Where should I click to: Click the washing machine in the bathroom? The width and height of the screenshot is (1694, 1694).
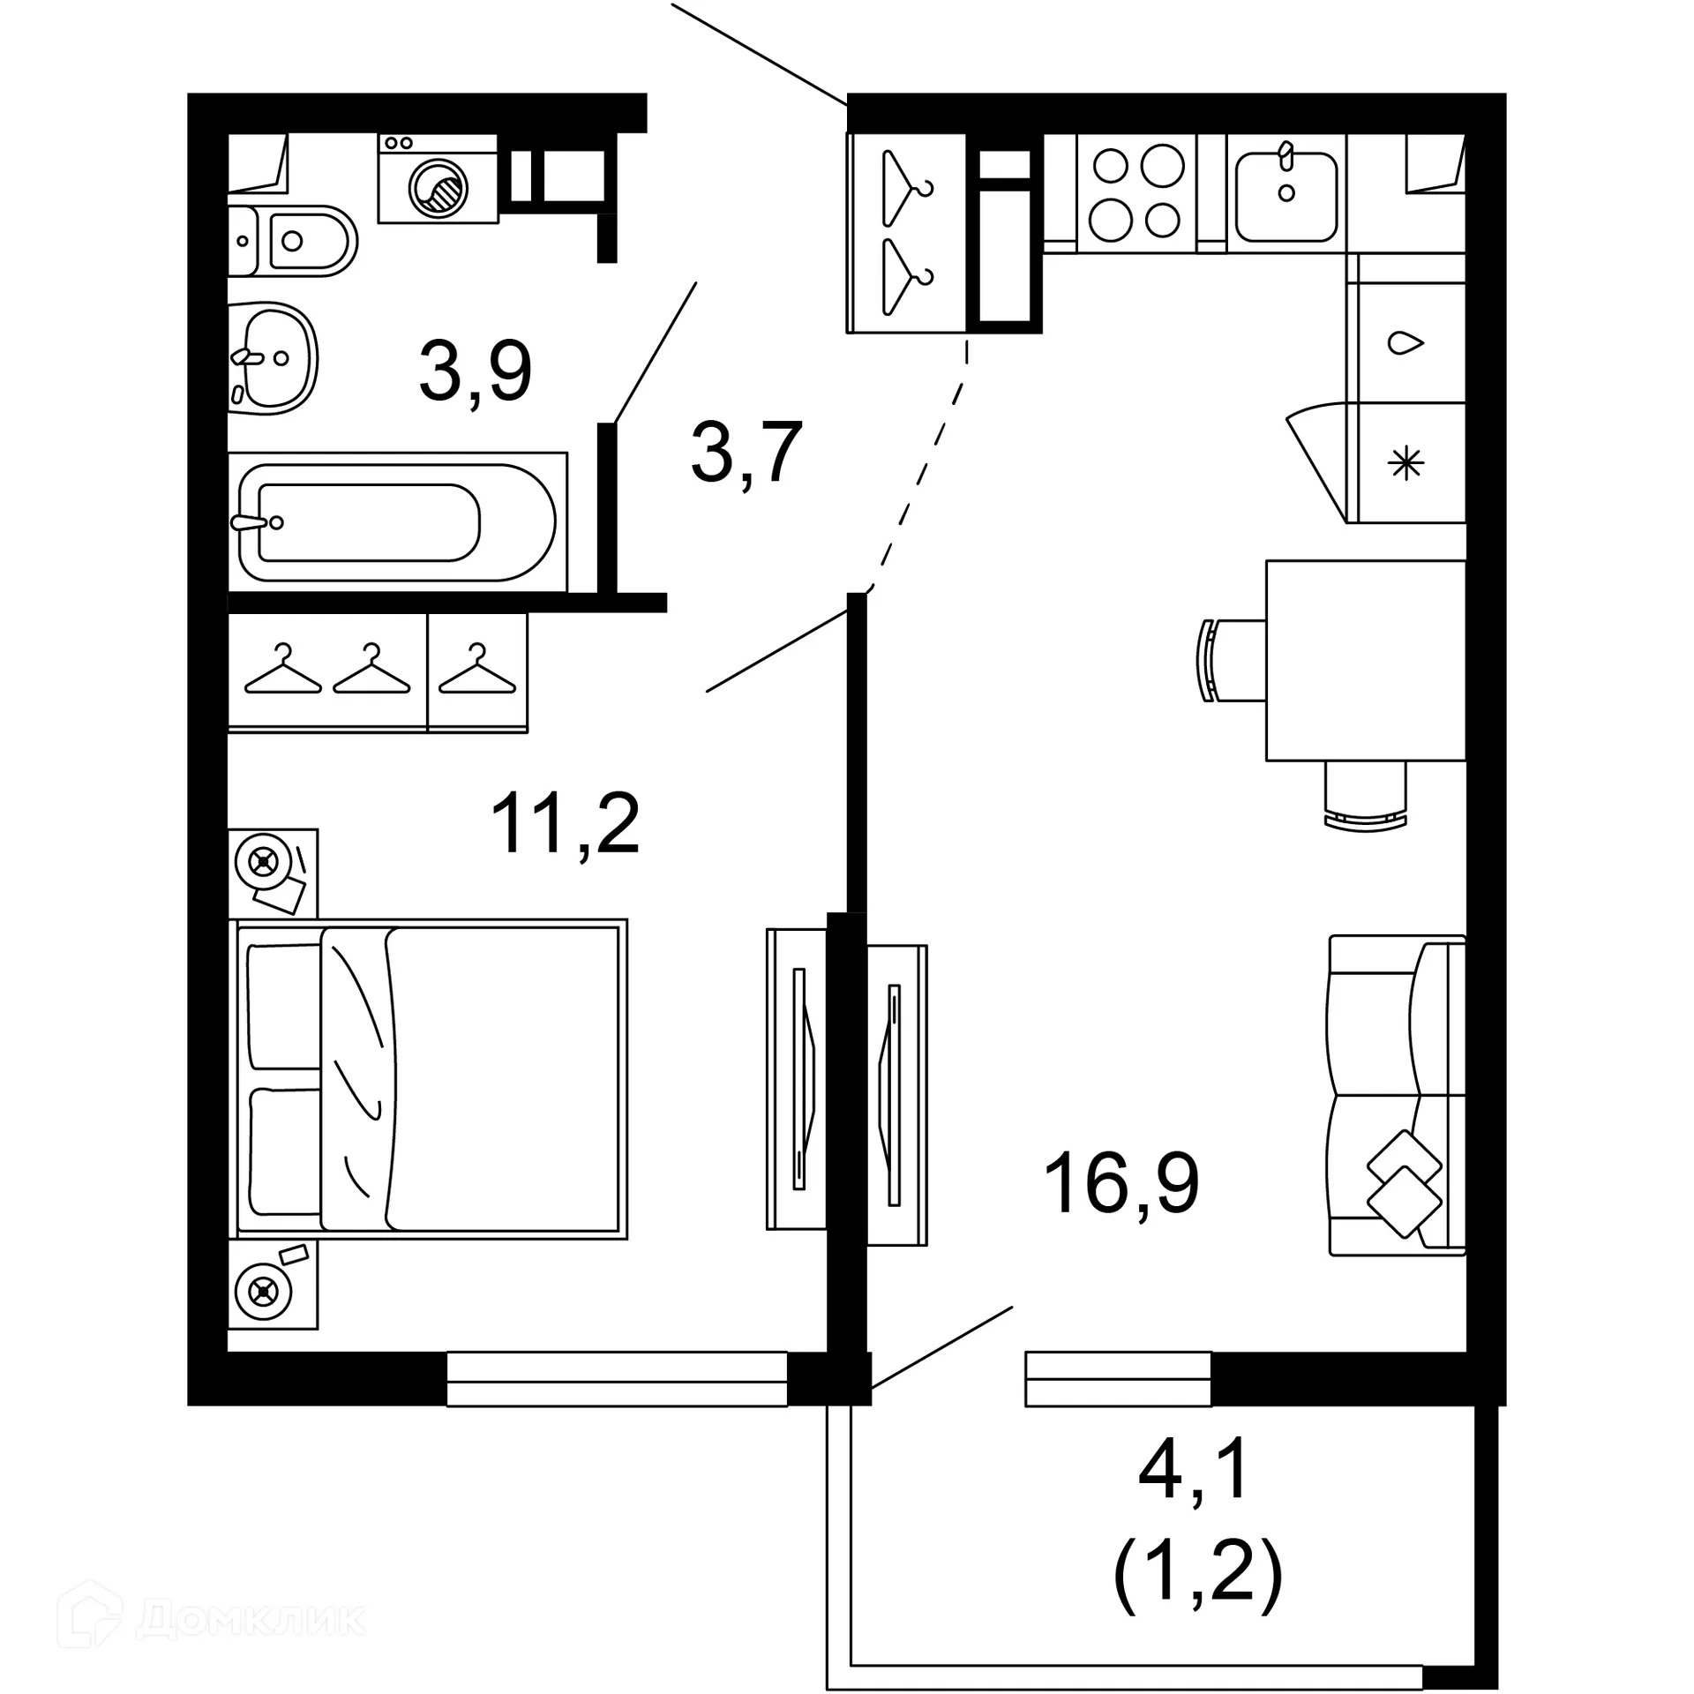[438, 179]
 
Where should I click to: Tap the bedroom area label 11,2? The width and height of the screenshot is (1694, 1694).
[565, 824]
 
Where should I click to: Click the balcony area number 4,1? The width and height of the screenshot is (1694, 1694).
[1195, 1469]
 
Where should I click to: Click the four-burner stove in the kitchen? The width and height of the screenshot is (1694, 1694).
[1136, 192]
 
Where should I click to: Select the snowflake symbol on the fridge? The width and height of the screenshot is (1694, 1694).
[1406, 463]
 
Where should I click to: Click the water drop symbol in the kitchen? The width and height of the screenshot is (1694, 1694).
[1405, 342]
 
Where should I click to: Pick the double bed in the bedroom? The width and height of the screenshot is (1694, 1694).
[429, 1079]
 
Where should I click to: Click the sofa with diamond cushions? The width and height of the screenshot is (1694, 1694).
[1397, 1095]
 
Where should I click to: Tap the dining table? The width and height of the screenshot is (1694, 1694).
[1366, 660]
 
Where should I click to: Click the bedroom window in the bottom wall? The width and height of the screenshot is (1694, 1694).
[617, 1378]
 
